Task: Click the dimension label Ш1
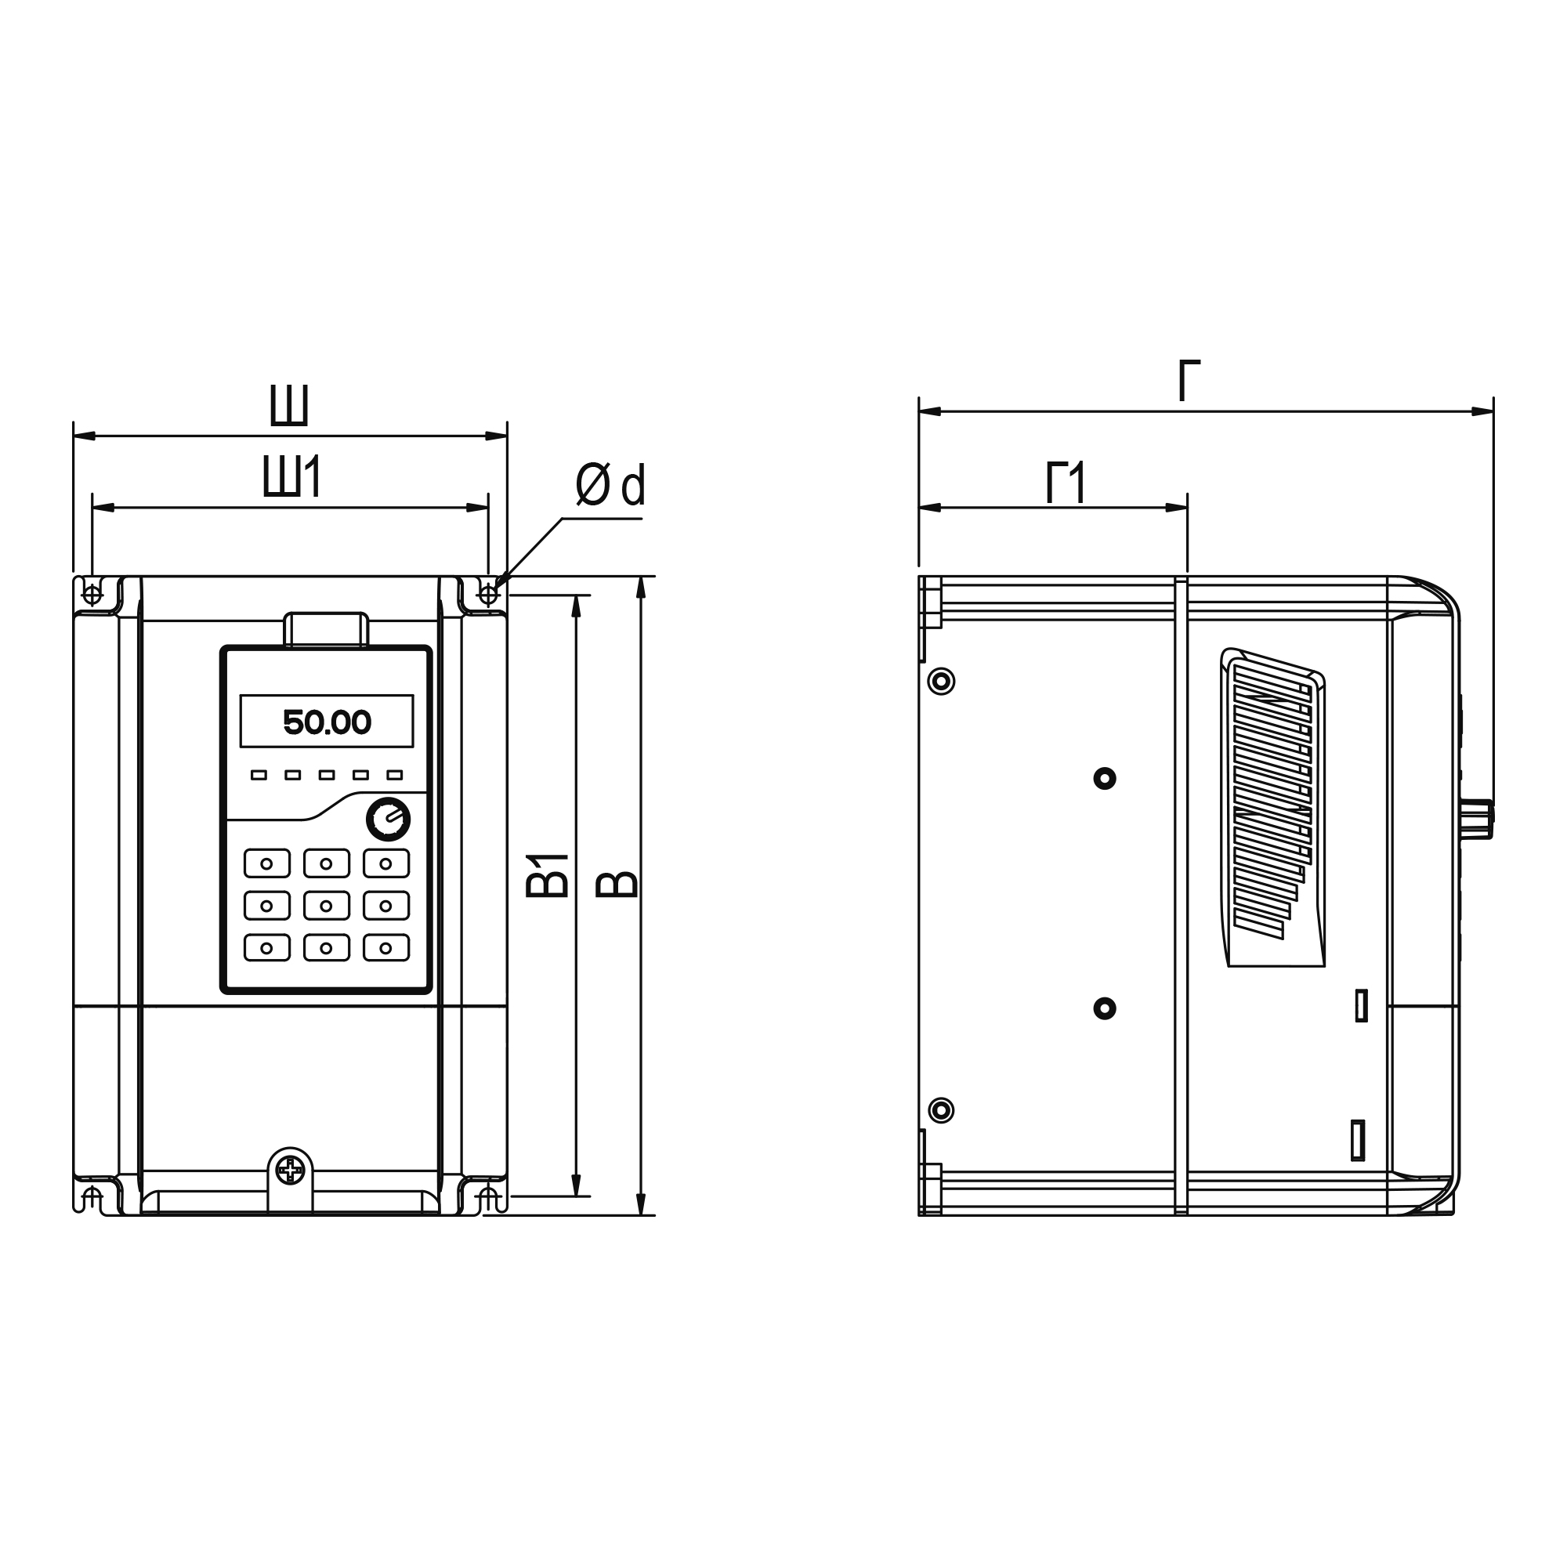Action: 293,477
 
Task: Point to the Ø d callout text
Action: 610,485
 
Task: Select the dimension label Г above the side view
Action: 1189,382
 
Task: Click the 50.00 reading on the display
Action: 327,722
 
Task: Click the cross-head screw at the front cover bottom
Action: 290,1170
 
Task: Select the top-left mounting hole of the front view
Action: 93,595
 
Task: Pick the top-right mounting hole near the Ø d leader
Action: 488,595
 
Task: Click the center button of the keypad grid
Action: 326,906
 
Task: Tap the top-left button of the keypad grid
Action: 267,863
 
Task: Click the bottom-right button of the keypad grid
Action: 386,948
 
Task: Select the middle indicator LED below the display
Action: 326,776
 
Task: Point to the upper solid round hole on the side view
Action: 1105,779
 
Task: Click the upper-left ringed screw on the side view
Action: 941,682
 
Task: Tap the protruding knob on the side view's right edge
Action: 1478,820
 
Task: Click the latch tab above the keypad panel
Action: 326,628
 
